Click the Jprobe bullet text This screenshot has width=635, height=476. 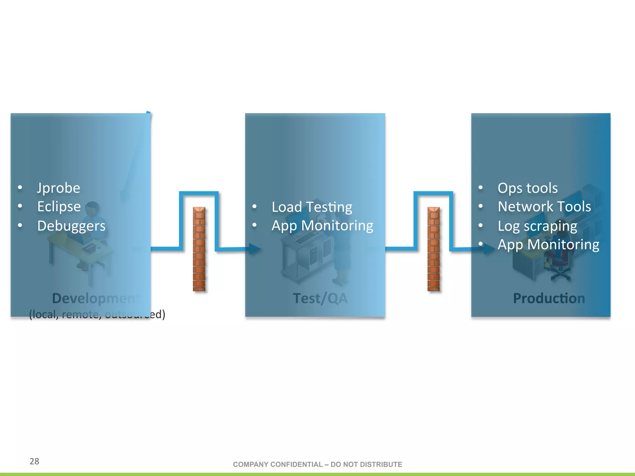tap(59, 188)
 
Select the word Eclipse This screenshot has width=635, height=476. tap(59, 207)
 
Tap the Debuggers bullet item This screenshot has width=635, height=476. tap(71, 226)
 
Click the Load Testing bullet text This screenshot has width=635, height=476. tap(312, 207)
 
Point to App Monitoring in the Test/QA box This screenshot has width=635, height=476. tap(322, 226)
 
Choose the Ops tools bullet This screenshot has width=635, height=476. tap(528, 188)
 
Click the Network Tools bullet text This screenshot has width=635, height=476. tap(544, 207)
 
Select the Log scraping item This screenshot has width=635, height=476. tap(537, 226)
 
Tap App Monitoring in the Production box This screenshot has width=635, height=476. tap(548, 245)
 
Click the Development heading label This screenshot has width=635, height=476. tap(96, 298)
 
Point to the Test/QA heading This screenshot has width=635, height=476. tap(320, 298)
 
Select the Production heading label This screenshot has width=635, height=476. tap(549, 298)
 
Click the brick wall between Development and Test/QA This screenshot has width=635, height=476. tap(199, 249)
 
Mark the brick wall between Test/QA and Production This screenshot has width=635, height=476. tap(433, 249)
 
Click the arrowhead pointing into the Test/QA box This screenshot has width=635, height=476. tap(255, 249)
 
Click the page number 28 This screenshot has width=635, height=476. tap(34, 461)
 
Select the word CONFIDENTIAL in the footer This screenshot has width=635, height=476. tap(296, 465)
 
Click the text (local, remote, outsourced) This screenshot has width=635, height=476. tap(97, 315)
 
